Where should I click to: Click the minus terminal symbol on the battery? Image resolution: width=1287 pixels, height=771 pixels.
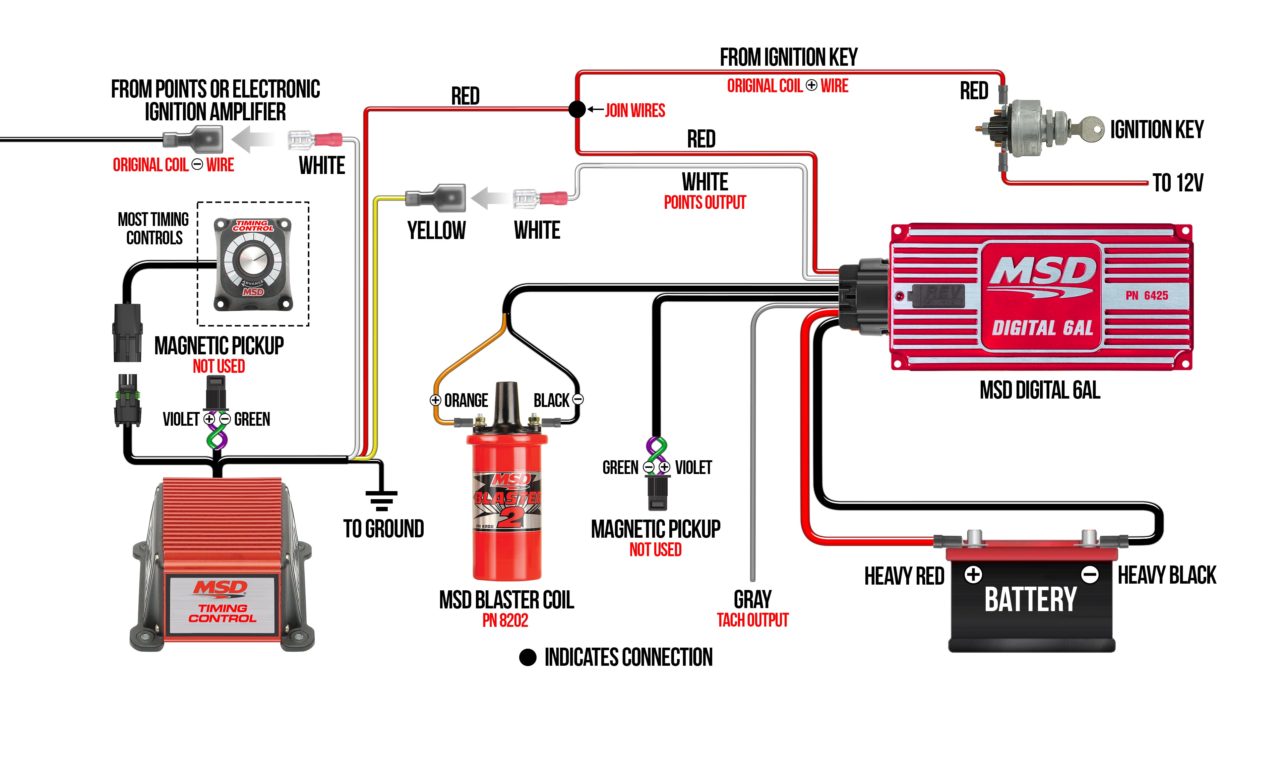pyautogui.click(x=1089, y=575)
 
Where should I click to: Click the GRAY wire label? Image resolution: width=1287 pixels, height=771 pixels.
pyautogui.click(x=752, y=600)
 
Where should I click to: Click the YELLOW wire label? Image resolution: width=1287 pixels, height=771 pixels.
pyautogui.click(x=436, y=231)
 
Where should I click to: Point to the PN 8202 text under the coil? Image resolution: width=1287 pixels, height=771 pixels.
pyautogui.click(x=505, y=620)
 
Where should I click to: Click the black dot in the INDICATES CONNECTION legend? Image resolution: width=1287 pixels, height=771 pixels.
pyautogui.click(x=527, y=657)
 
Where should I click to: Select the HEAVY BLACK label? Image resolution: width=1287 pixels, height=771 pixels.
pyautogui.click(x=1166, y=575)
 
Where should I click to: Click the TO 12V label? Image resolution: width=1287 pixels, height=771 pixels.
pyautogui.click(x=1177, y=183)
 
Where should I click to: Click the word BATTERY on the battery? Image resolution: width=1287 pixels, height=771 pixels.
pyautogui.click(x=1030, y=600)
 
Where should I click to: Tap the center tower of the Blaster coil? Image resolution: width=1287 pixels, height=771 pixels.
pyautogui.click(x=506, y=403)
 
